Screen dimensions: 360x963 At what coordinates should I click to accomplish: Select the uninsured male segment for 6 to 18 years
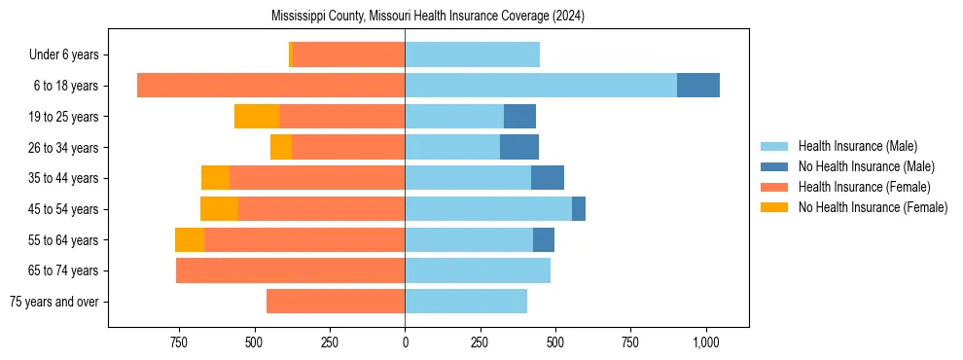coord(698,86)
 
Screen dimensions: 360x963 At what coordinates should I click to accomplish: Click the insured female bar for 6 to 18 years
coord(270,86)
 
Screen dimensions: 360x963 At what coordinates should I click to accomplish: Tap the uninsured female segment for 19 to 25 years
coord(257,117)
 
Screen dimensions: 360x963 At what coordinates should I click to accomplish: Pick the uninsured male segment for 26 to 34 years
coord(519,148)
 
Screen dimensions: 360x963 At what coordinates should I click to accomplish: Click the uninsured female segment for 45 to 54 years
coord(219,209)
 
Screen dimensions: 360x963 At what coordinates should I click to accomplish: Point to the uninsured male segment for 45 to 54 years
coord(579,209)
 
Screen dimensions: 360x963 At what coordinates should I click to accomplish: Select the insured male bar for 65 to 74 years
coord(478,270)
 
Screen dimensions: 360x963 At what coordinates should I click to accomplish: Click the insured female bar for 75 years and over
coord(336,302)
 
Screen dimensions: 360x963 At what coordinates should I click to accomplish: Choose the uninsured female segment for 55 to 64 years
coord(190,240)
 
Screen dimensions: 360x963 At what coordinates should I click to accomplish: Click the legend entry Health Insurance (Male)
coord(857,146)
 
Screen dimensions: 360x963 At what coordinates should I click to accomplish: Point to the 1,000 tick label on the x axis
coord(706,342)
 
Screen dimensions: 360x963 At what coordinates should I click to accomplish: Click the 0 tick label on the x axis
coord(405,342)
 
